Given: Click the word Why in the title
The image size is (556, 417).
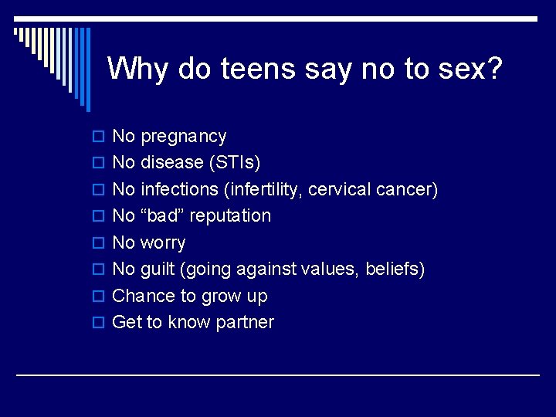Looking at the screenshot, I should pyautogui.click(x=138, y=69).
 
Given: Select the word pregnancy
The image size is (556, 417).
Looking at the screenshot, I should pyautogui.click(x=184, y=137).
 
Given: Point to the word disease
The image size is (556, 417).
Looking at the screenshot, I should pyautogui.click(x=170, y=163).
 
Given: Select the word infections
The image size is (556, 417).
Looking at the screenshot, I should pyautogui.click(x=180, y=189).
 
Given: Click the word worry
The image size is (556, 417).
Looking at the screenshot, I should pyautogui.click(x=163, y=242).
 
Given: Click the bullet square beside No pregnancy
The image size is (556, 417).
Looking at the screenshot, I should pyautogui.click(x=98, y=137).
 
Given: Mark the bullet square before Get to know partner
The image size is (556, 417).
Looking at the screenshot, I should pyautogui.click(x=98, y=323).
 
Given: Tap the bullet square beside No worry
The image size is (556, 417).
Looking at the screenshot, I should pyautogui.click(x=98, y=243).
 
